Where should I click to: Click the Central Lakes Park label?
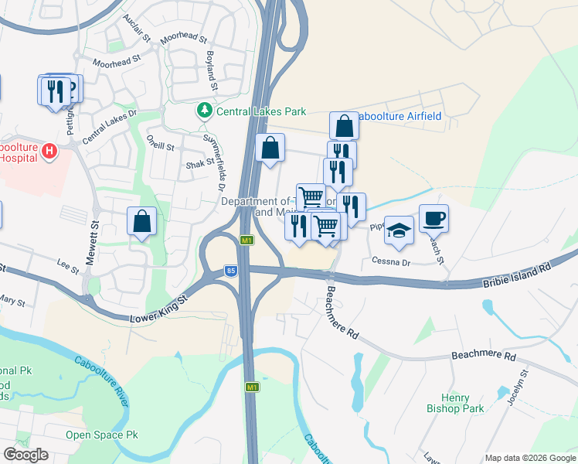(255, 111)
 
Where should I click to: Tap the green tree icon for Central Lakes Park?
(205, 111)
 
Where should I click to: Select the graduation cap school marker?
(399, 230)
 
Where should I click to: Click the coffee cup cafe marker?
(433, 218)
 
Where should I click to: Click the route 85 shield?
(231, 270)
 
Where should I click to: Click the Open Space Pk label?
(101, 435)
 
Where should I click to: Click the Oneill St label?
(161, 143)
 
